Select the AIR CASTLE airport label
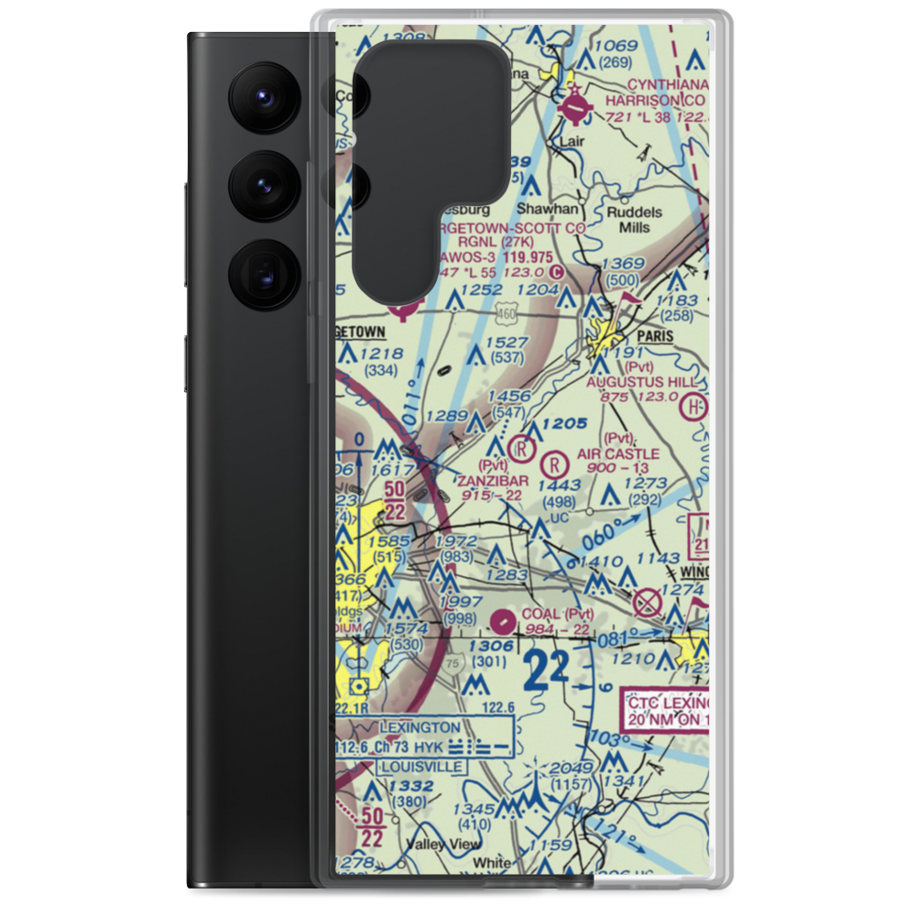point(618,453)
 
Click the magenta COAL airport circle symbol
point(502,623)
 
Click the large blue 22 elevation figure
point(547,671)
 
